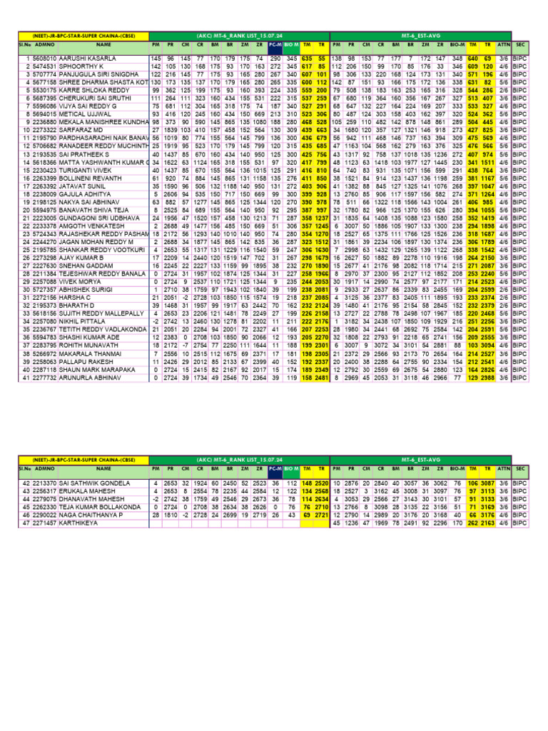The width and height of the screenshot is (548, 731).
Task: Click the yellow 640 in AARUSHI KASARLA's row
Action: pyautogui.click(x=472, y=57)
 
